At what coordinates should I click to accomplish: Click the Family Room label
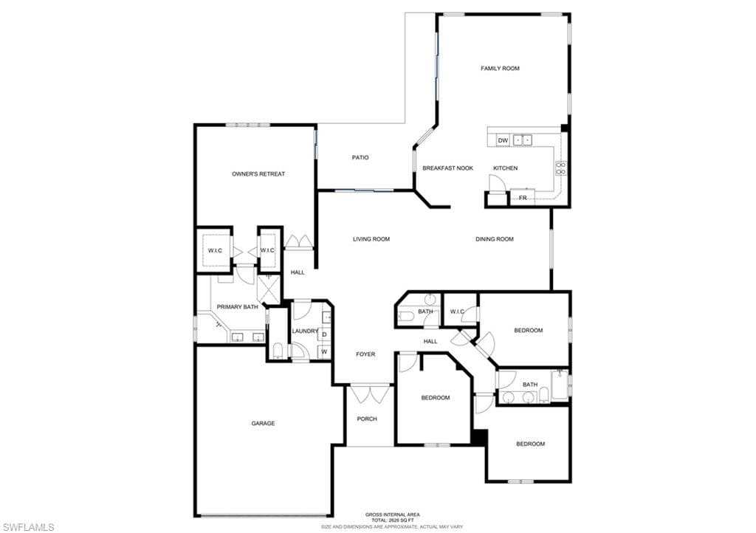click(500, 69)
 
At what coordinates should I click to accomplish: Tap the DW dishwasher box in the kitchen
click(503, 141)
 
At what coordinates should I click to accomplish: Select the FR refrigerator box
click(523, 198)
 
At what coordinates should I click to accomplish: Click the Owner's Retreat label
click(258, 174)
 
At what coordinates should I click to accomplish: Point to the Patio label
click(360, 157)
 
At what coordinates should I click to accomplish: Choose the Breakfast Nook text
click(448, 168)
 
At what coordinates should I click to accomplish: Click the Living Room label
click(371, 239)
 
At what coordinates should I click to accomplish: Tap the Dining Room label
click(494, 239)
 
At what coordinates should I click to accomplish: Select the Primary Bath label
click(237, 307)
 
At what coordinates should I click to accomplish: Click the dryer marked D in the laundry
click(325, 334)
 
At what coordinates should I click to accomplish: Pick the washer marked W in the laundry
click(325, 352)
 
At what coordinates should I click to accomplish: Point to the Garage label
click(264, 424)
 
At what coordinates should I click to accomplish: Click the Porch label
click(367, 419)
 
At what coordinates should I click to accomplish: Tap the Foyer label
click(365, 354)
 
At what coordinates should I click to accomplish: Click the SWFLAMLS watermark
click(29, 527)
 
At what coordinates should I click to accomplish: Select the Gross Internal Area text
click(393, 515)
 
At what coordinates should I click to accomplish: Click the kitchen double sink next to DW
click(522, 140)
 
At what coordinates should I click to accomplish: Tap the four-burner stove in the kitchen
click(561, 168)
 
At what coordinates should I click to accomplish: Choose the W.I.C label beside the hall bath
click(457, 312)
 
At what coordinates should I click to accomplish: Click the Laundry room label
click(305, 331)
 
